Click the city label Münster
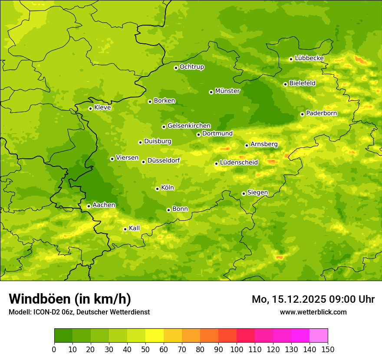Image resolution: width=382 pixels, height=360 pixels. click(227, 91)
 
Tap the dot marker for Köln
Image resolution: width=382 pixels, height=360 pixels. click(157, 189)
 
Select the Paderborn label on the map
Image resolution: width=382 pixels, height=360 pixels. click(321, 113)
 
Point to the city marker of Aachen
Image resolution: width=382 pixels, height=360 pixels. click(89, 206)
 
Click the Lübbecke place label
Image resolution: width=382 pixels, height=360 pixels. click(309, 58)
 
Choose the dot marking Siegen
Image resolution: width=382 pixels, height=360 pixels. click(244, 193)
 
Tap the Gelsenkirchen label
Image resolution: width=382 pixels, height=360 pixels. click(189, 126)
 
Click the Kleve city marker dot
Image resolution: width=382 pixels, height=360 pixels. click(90, 108)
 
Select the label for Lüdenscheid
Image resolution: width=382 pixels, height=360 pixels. click(239, 163)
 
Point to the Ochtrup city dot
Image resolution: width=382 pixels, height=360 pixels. click(176, 68)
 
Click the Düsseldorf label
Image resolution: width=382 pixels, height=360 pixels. click(164, 160)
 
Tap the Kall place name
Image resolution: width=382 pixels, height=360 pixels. click(135, 228)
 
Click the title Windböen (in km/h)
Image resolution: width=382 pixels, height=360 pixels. click(70, 299)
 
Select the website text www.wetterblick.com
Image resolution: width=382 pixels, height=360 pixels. click(313, 312)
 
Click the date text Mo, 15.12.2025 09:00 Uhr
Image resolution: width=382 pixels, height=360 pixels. click(313, 299)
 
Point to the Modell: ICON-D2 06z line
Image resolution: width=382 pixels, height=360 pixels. click(79, 312)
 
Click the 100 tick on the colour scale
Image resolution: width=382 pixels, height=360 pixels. click(237, 349)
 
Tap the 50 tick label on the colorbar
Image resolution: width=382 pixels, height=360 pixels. click(145, 349)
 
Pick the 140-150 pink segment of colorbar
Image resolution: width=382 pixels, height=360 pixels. click(319, 336)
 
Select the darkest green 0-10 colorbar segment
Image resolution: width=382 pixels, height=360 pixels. click(63, 336)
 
